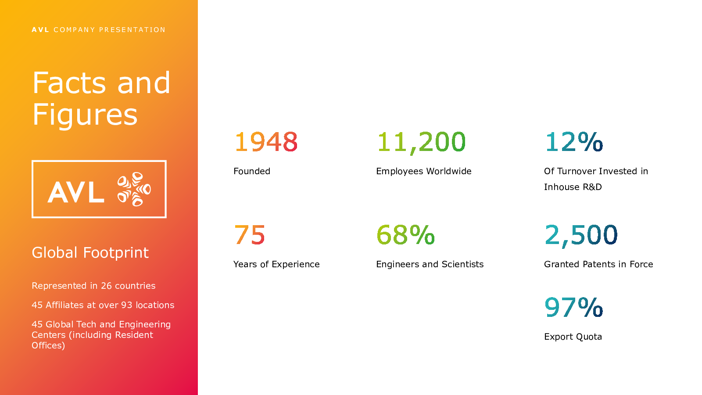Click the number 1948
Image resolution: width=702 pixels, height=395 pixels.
coord(266,142)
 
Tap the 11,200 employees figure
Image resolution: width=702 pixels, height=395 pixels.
coord(421,143)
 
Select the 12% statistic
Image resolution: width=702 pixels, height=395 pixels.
coord(574,142)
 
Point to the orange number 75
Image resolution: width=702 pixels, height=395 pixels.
coord(250,235)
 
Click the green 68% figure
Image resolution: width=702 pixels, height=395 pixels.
coord(405,235)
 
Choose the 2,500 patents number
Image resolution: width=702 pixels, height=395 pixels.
coord(581,236)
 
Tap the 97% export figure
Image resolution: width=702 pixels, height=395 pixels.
coord(574,307)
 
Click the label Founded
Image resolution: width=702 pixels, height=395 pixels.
coord(252,171)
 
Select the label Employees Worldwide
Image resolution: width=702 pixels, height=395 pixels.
coord(424,172)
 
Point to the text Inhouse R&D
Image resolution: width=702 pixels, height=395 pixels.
coord(573,187)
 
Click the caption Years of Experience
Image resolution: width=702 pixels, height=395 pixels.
coord(276,265)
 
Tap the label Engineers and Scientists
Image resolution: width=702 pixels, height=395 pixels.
coord(430,265)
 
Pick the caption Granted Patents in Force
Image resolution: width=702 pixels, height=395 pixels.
coord(598,264)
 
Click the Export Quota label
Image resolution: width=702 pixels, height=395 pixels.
coord(573,337)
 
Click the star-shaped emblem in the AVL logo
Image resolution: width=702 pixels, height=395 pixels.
coord(134,189)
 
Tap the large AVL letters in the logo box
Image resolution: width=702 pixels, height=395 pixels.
coord(76,192)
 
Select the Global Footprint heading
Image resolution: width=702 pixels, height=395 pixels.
coord(90,253)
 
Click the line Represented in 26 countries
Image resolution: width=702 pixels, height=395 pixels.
coord(93,286)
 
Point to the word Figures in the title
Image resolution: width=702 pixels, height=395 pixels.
coord(85,115)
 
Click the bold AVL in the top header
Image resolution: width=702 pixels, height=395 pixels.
coord(40,30)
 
